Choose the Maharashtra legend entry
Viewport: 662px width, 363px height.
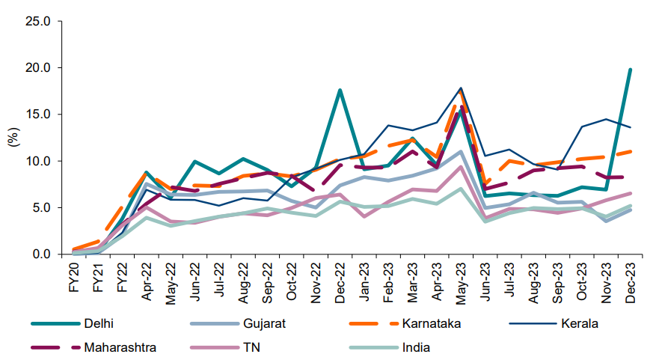click(x=116, y=347)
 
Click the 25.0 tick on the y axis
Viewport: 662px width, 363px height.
click(x=37, y=21)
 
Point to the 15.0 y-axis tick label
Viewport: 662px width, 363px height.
click(x=37, y=115)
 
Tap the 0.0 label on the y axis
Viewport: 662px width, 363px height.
click(x=40, y=254)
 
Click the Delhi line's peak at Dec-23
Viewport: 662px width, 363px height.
click(x=631, y=70)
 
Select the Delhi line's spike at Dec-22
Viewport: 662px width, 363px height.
click(x=340, y=90)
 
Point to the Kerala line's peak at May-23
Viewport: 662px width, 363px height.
click(x=462, y=88)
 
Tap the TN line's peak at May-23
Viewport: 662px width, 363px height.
click(x=462, y=166)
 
